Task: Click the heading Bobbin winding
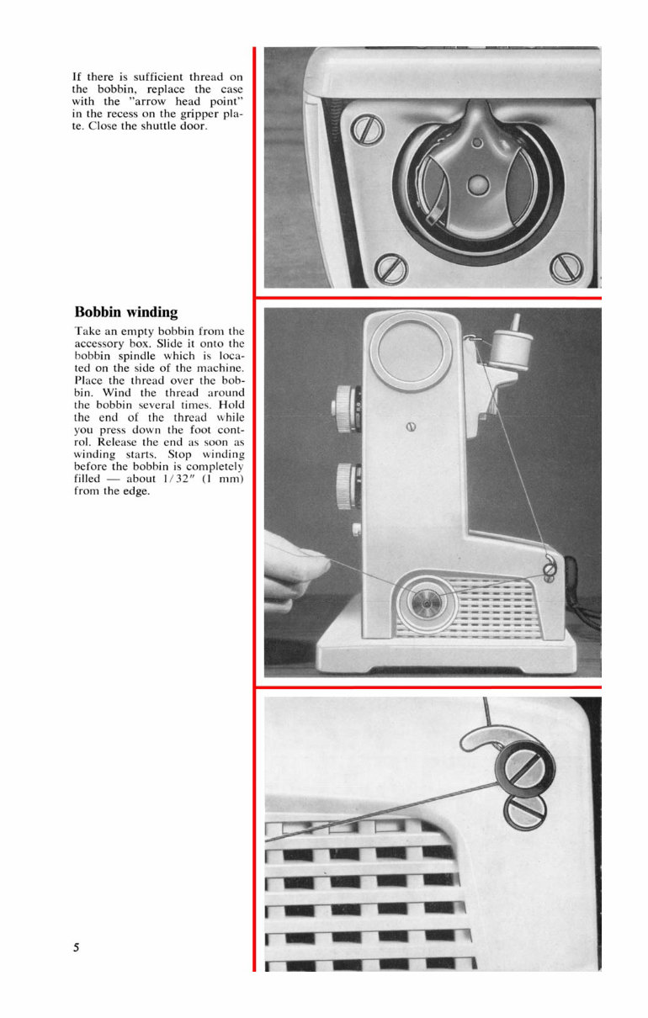tap(126, 312)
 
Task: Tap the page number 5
tap(77, 947)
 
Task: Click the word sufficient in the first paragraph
tap(150, 77)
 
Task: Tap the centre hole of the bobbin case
tap(478, 181)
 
